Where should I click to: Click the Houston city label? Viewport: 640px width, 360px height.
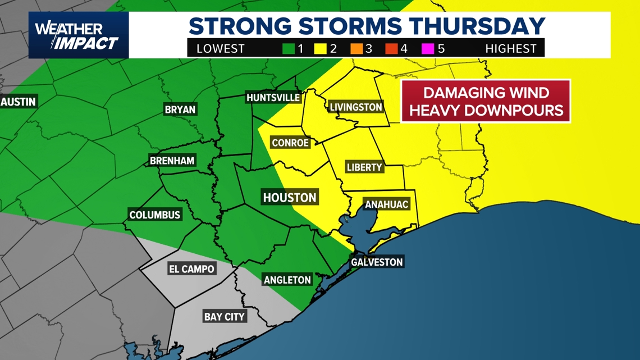[290, 197]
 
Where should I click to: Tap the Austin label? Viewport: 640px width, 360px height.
[19, 102]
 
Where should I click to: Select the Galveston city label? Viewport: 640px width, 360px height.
[377, 262]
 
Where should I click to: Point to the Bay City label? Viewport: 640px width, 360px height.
[224, 317]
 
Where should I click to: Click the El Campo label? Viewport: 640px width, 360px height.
[191, 269]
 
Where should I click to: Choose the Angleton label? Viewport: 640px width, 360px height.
[287, 280]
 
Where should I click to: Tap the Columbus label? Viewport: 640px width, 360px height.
[154, 215]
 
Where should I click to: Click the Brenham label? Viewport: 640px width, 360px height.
[172, 161]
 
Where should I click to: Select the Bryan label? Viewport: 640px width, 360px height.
[180, 110]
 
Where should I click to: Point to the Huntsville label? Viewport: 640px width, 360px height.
[273, 97]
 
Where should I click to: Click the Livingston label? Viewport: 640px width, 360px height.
[356, 107]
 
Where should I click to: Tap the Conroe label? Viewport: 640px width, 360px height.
[290, 143]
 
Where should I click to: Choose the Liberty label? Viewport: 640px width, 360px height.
[364, 167]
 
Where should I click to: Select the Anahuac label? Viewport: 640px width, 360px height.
[386, 204]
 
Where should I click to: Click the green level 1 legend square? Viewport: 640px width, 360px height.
[289, 49]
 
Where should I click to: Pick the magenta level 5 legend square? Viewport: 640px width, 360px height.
[428, 49]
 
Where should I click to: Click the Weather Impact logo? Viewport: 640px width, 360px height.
[78, 35]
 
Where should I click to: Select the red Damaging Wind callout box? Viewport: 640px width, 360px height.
[486, 101]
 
